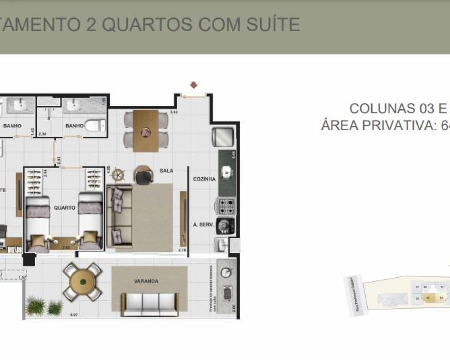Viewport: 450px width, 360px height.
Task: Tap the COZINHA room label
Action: tap(204, 179)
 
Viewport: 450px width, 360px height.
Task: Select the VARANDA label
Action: tap(146, 281)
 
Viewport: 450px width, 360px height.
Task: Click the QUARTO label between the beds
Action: tap(64, 208)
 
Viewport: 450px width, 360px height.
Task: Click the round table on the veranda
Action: tap(82, 282)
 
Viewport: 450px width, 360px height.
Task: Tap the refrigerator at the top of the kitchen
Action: tap(224, 136)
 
